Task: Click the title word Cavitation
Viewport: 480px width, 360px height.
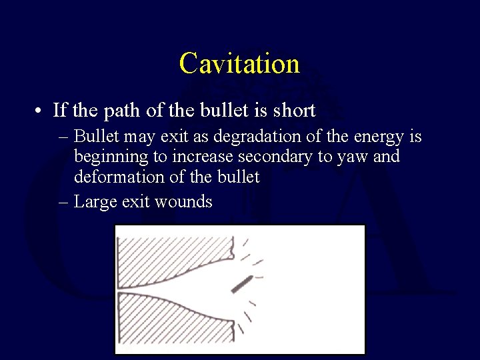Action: [239, 63]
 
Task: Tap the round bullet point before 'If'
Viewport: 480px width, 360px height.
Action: [41, 111]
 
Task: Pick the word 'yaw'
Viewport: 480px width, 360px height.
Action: [365, 157]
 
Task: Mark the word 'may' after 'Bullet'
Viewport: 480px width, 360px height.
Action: [140, 137]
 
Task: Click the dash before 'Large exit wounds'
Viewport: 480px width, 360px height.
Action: [63, 201]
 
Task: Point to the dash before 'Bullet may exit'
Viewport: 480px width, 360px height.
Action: [63, 137]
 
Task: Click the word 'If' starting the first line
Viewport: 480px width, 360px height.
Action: [60, 110]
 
